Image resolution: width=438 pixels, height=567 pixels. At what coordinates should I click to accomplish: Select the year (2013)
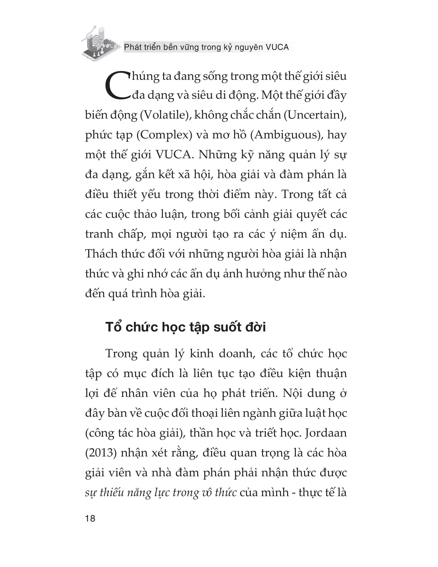pos(101,453)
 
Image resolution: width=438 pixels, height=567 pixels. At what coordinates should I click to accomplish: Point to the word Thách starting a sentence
pos(101,254)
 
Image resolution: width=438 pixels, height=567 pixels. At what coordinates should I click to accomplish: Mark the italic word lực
pos(162,493)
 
